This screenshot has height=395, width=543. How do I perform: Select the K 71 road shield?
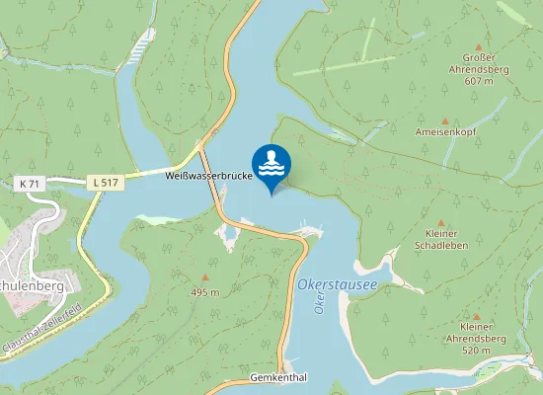point(31,184)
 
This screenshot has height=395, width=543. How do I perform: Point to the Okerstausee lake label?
point(338,285)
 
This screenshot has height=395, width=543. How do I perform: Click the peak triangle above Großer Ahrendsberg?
point(479,46)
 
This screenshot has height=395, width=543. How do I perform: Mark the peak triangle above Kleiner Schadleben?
point(441,223)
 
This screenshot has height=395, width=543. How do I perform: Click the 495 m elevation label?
point(204,293)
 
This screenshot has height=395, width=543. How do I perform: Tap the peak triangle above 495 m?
point(205,278)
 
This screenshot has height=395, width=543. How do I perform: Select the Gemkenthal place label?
point(279,378)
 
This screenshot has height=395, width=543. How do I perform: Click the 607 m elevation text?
point(479,80)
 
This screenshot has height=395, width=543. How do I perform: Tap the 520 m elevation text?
point(477,351)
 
